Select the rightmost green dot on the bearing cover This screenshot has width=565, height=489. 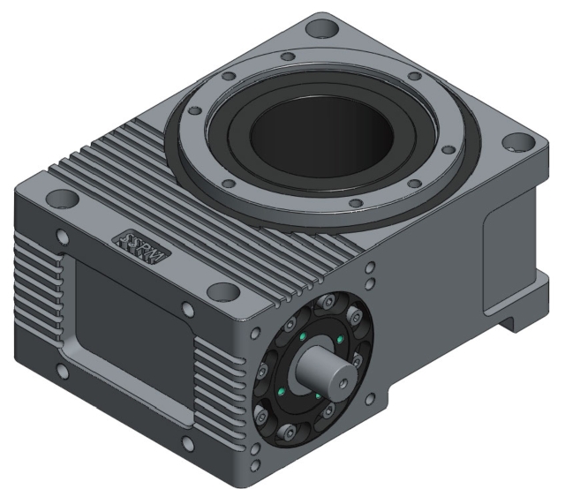pyautogui.click(x=341, y=341)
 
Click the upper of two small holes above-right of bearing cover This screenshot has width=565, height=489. pyautogui.click(x=370, y=267)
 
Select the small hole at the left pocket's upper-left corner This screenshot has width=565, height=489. pyautogui.click(x=62, y=237)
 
